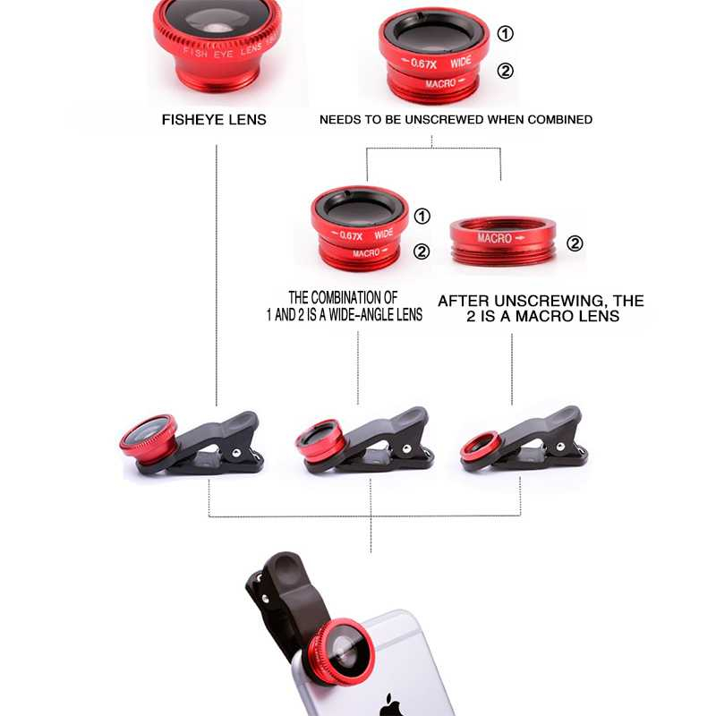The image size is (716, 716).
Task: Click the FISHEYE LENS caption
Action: [x=214, y=119]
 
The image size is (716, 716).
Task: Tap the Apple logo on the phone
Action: [x=389, y=702]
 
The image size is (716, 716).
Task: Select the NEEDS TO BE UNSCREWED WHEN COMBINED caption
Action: [x=456, y=119]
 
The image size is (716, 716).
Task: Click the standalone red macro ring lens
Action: [x=502, y=240]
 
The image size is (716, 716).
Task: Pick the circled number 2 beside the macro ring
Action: [x=575, y=243]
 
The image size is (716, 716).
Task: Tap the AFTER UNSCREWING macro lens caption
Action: [x=541, y=309]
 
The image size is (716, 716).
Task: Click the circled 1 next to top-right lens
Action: [x=506, y=34]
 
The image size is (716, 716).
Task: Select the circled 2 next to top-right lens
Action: [x=506, y=72]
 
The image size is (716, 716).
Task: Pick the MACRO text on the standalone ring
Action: [x=495, y=238]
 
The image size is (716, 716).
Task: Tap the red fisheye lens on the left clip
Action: [x=149, y=438]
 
